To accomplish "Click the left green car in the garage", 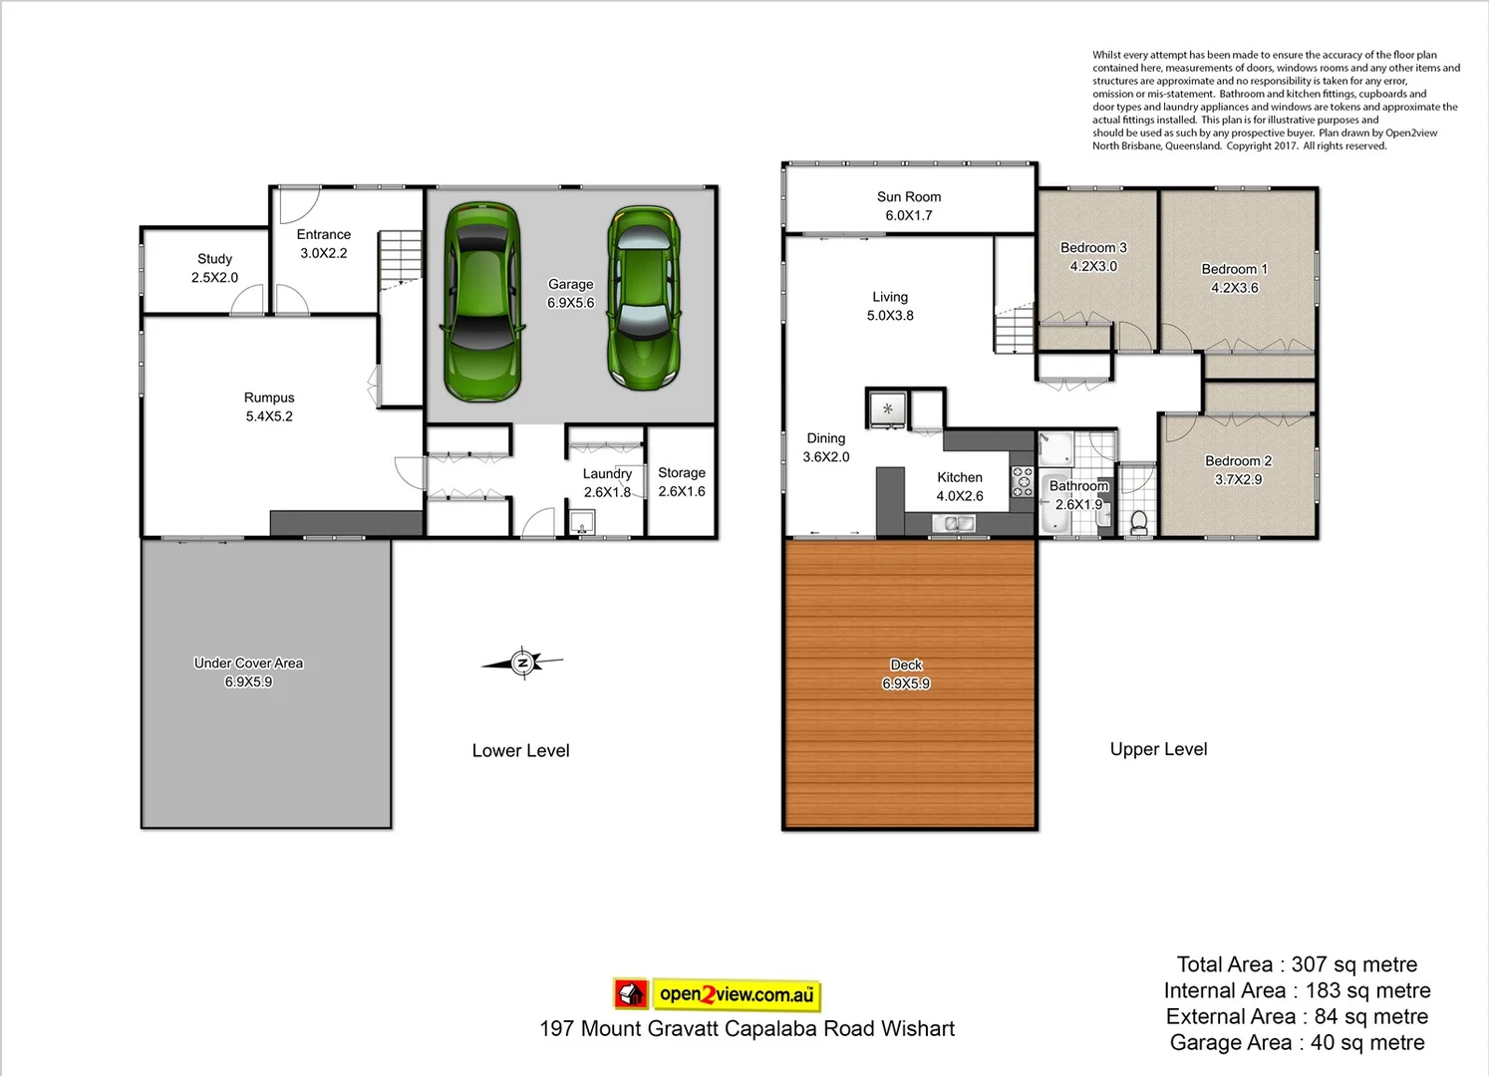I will click(x=482, y=302).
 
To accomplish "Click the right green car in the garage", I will click(x=643, y=297).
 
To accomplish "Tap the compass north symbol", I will click(x=522, y=663).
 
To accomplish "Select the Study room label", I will click(x=214, y=268).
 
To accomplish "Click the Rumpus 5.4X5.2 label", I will click(x=269, y=406).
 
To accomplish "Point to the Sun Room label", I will click(x=908, y=206).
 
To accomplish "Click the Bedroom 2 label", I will click(x=1238, y=470).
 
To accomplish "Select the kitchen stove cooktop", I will click(x=1023, y=481).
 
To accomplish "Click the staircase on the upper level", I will click(x=1015, y=330).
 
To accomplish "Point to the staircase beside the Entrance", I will click(x=401, y=258).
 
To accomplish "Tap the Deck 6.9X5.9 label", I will click(x=906, y=674).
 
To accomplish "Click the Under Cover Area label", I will click(x=248, y=672).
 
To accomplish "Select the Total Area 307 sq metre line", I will click(x=1297, y=964).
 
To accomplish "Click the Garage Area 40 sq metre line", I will click(x=1297, y=1042).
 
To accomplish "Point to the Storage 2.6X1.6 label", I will click(x=682, y=482).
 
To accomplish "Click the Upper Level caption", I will click(x=1158, y=749).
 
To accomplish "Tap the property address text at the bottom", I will click(x=746, y=1029).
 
